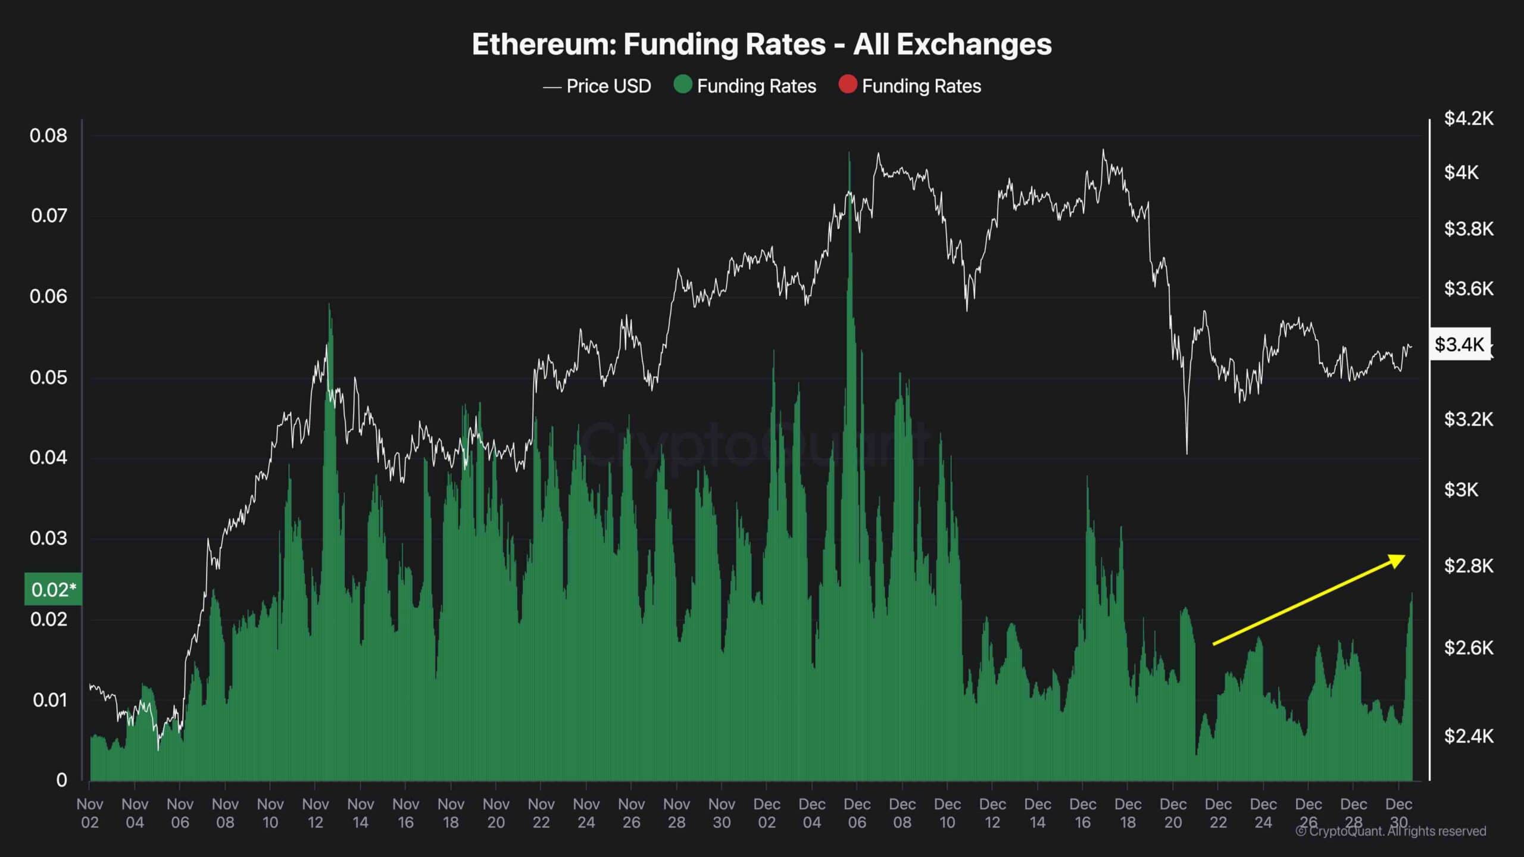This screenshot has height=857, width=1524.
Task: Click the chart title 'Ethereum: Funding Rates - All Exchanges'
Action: (761, 45)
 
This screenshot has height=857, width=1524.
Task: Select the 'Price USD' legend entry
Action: (597, 86)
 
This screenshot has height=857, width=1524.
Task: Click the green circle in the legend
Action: (682, 85)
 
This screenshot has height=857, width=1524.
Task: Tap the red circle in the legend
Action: (847, 85)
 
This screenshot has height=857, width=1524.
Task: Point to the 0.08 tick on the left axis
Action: (49, 136)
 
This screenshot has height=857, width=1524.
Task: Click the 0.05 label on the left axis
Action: (49, 377)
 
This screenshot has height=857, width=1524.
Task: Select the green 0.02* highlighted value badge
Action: (53, 589)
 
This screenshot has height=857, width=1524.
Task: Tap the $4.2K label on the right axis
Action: (1469, 118)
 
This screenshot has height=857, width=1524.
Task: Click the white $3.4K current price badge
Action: (1460, 344)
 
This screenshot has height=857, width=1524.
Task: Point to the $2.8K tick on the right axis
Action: (1469, 565)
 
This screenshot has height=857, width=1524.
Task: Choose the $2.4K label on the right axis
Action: (1469, 736)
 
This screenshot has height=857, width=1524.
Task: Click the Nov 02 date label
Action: (90, 813)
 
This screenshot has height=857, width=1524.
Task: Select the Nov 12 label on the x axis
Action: (316, 813)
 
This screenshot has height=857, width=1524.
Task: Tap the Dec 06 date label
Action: (857, 813)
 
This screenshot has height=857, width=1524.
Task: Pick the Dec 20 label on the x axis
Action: (1173, 813)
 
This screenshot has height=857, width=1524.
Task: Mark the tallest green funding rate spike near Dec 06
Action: (850, 154)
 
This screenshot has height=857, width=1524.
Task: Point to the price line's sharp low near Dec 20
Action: (1186, 453)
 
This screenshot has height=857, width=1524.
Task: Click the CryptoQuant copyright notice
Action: (1391, 831)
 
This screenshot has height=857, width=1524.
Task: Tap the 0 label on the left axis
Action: (61, 780)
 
